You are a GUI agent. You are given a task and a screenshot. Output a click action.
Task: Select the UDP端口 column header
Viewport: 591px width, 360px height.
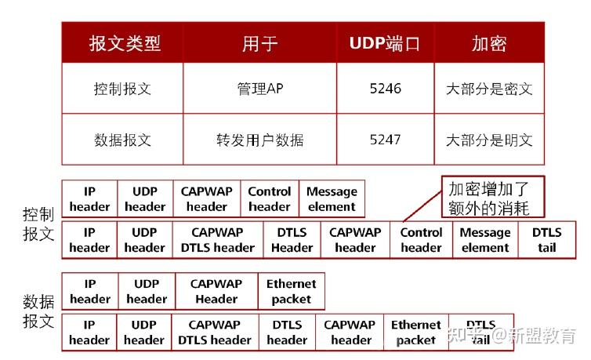[x=385, y=42]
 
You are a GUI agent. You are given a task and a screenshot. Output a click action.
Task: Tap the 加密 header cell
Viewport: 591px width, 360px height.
[x=488, y=42]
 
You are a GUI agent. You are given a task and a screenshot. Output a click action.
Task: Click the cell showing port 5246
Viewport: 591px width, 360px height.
[x=385, y=89]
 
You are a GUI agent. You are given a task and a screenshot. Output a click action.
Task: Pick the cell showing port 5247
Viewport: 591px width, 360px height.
[x=385, y=140]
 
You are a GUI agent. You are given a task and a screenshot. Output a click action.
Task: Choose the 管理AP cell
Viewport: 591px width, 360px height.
[x=259, y=89]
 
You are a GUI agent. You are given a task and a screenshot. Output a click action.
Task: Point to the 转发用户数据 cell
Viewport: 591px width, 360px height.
[x=259, y=140]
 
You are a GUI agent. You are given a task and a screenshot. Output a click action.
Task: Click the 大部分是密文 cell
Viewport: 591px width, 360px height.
[x=488, y=89]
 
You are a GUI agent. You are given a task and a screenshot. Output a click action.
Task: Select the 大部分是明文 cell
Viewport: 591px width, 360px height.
[x=488, y=140]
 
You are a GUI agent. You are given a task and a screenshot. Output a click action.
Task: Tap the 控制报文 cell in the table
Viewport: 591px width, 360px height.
[x=123, y=89]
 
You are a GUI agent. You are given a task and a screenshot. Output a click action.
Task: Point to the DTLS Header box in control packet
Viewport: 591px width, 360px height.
[x=292, y=240]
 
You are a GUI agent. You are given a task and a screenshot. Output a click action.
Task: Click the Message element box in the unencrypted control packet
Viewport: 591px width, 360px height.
[x=332, y=199]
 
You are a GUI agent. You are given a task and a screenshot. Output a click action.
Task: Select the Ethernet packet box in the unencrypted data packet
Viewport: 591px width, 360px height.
[x=291, y=291]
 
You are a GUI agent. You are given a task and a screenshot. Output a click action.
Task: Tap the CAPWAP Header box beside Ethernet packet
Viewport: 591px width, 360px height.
[x=216, y=291]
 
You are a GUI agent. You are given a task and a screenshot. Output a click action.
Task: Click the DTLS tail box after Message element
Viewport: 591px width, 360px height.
[x=546, y=240]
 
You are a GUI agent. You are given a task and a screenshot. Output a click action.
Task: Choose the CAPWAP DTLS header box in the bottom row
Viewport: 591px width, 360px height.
[x=215, y=333]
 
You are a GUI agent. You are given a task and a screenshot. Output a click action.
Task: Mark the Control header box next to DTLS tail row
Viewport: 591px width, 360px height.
[x=421, y=240]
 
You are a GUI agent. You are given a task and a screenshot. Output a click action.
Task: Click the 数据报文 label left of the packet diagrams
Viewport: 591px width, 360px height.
[x=38, y=311]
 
